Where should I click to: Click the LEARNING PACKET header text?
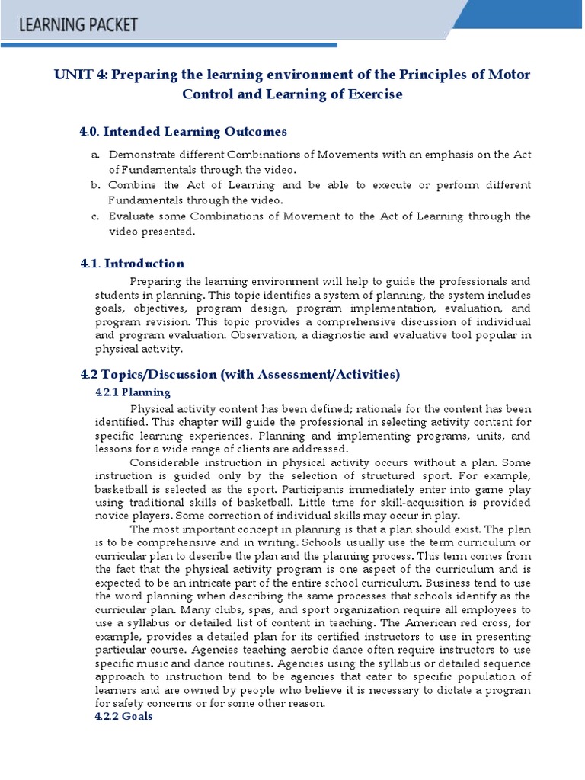click(79, 25)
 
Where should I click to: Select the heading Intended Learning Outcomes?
click(183, 132)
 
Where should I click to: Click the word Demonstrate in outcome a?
click(141, 155)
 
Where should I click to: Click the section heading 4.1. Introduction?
click(132, 264)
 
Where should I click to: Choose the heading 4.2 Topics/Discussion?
click(239, 375)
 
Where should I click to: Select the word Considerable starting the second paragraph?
click(165, 462)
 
